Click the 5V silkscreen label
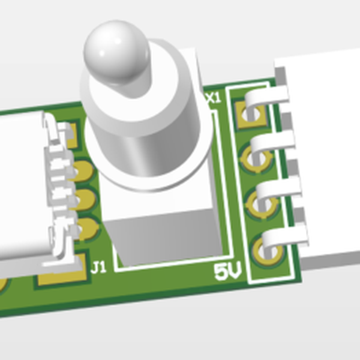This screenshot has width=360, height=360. [228, 274]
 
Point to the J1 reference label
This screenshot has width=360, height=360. [99, 266]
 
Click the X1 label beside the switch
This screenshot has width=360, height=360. [213, 98]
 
